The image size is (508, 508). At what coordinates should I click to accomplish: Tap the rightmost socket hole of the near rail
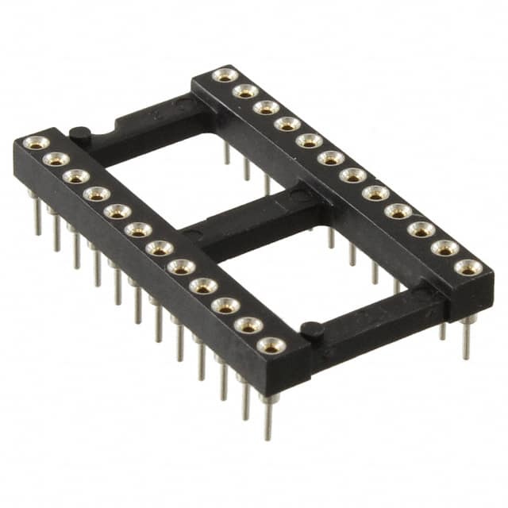click(x=271, y=345)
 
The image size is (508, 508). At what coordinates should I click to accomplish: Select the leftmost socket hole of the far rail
click(x=225, y=75)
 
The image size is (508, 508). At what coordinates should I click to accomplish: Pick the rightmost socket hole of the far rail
click(x=469, y=267)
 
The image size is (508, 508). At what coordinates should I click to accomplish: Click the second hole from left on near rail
click(x=56, y=160)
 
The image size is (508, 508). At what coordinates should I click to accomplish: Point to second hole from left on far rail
click(x=245, y=90)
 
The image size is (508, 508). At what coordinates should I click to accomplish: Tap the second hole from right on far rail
click(x=445, y=248)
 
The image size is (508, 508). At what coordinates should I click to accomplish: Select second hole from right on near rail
click(x=248, y=325)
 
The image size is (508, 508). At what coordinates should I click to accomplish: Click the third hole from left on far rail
click(x=266, y=107)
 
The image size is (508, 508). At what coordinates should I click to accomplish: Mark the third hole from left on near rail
click(x=76, y=176)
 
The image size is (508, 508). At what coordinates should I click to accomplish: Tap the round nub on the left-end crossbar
click(x=78, y=133)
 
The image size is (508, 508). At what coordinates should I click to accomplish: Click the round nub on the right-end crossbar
click(x=311, y=328)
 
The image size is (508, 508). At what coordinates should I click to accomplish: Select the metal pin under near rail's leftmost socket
click(x=36, y=214)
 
